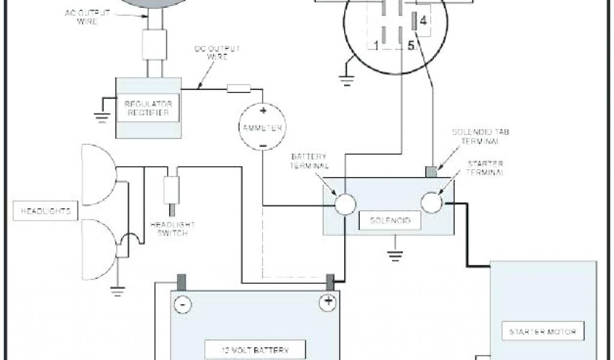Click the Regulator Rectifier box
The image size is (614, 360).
pyautogui.click(x=148, y=108)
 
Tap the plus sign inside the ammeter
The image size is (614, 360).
pyautogui.click(x=262, y=111)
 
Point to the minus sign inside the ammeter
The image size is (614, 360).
pyautogui.click(x=262, y=146)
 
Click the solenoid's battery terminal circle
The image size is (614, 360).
pyautogui.click(x=345, y=204)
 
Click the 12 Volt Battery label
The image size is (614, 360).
pyautogui.click(x=255, y=349)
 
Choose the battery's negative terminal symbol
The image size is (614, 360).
pyautogui.click(x=182, y=305)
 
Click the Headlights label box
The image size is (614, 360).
pyautogui.click(x=46, y=211)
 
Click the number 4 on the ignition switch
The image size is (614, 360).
pyautogui.click(x=424, y=21)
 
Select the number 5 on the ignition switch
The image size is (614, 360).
pyautogui.click(x=411, y=46)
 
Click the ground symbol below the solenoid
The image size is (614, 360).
pyautogui.click(x=393, y=254)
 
